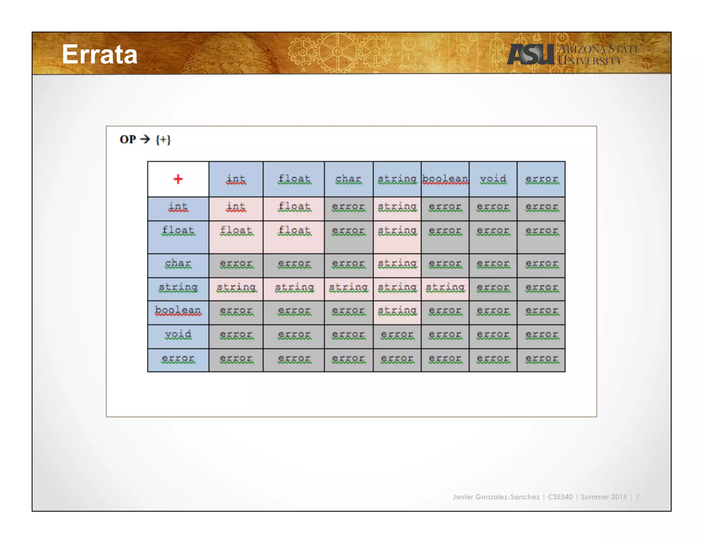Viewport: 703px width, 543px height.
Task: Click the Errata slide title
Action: (x=100, y=54)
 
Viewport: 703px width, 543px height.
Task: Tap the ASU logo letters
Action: (x=531, y=54)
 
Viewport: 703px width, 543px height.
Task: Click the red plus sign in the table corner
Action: (x=178, y=179)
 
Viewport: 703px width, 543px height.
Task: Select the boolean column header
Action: (x=445, y=179)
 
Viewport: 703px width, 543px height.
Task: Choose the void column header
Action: (x=493, y=179)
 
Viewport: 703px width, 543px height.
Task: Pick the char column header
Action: (x=348, y=179)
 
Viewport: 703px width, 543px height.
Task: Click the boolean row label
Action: (x=178, y=310)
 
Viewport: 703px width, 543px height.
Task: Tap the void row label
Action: (x=178, y=334)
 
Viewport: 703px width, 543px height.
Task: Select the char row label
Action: (x=178, y=263)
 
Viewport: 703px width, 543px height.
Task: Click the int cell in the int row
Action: (x=236, y=207)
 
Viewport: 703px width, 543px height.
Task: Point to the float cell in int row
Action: (x=294, y=207)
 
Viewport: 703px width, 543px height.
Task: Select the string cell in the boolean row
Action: (x=397, y=310)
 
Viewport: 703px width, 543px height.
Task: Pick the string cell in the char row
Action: (x=397, y=263)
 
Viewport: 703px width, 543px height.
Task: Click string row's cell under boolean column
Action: (x=445, y=287)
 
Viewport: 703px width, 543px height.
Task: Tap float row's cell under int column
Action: (x=236, y=230)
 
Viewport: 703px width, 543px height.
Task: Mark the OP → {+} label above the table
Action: (x=145, y=139)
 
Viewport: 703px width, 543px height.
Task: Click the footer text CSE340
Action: (x=560, y=497)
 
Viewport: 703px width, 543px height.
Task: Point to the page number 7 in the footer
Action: (x=637, y=497)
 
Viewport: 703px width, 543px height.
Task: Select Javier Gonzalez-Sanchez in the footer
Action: (x=496, y=497)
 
